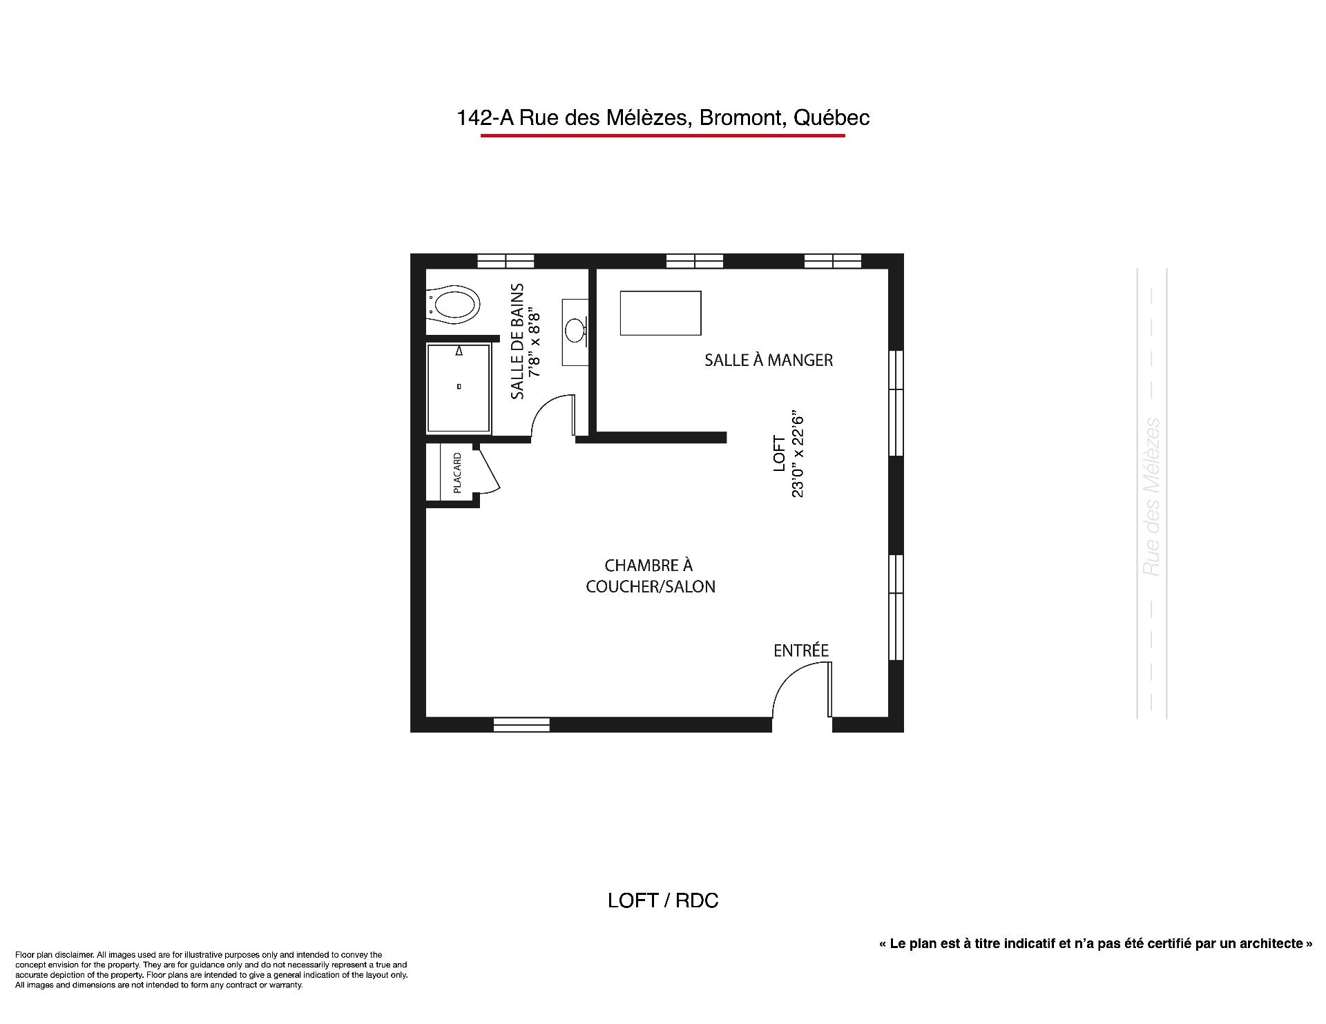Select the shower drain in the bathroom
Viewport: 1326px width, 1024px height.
(x=459, y=387)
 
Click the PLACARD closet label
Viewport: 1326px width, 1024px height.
(x=457, y=472)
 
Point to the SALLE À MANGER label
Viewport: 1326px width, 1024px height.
(x=769, y=360)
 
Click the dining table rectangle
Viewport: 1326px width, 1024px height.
(x=661, y=313)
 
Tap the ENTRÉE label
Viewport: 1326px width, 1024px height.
(x=801, y=650)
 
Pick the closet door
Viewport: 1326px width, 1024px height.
(x=488, y=470)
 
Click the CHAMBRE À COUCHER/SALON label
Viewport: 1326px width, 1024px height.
(x=650, y=576)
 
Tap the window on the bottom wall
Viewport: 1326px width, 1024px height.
(x=521, y=724)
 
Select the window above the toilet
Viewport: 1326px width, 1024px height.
(x=506, y=261)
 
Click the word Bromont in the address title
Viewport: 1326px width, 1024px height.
(x=743, y=118)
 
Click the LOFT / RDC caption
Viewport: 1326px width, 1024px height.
(x=663, y=900)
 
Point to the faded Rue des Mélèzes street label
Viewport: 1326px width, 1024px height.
(x=1151, y=497)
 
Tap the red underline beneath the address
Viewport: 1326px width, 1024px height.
(x=663, y=135)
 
